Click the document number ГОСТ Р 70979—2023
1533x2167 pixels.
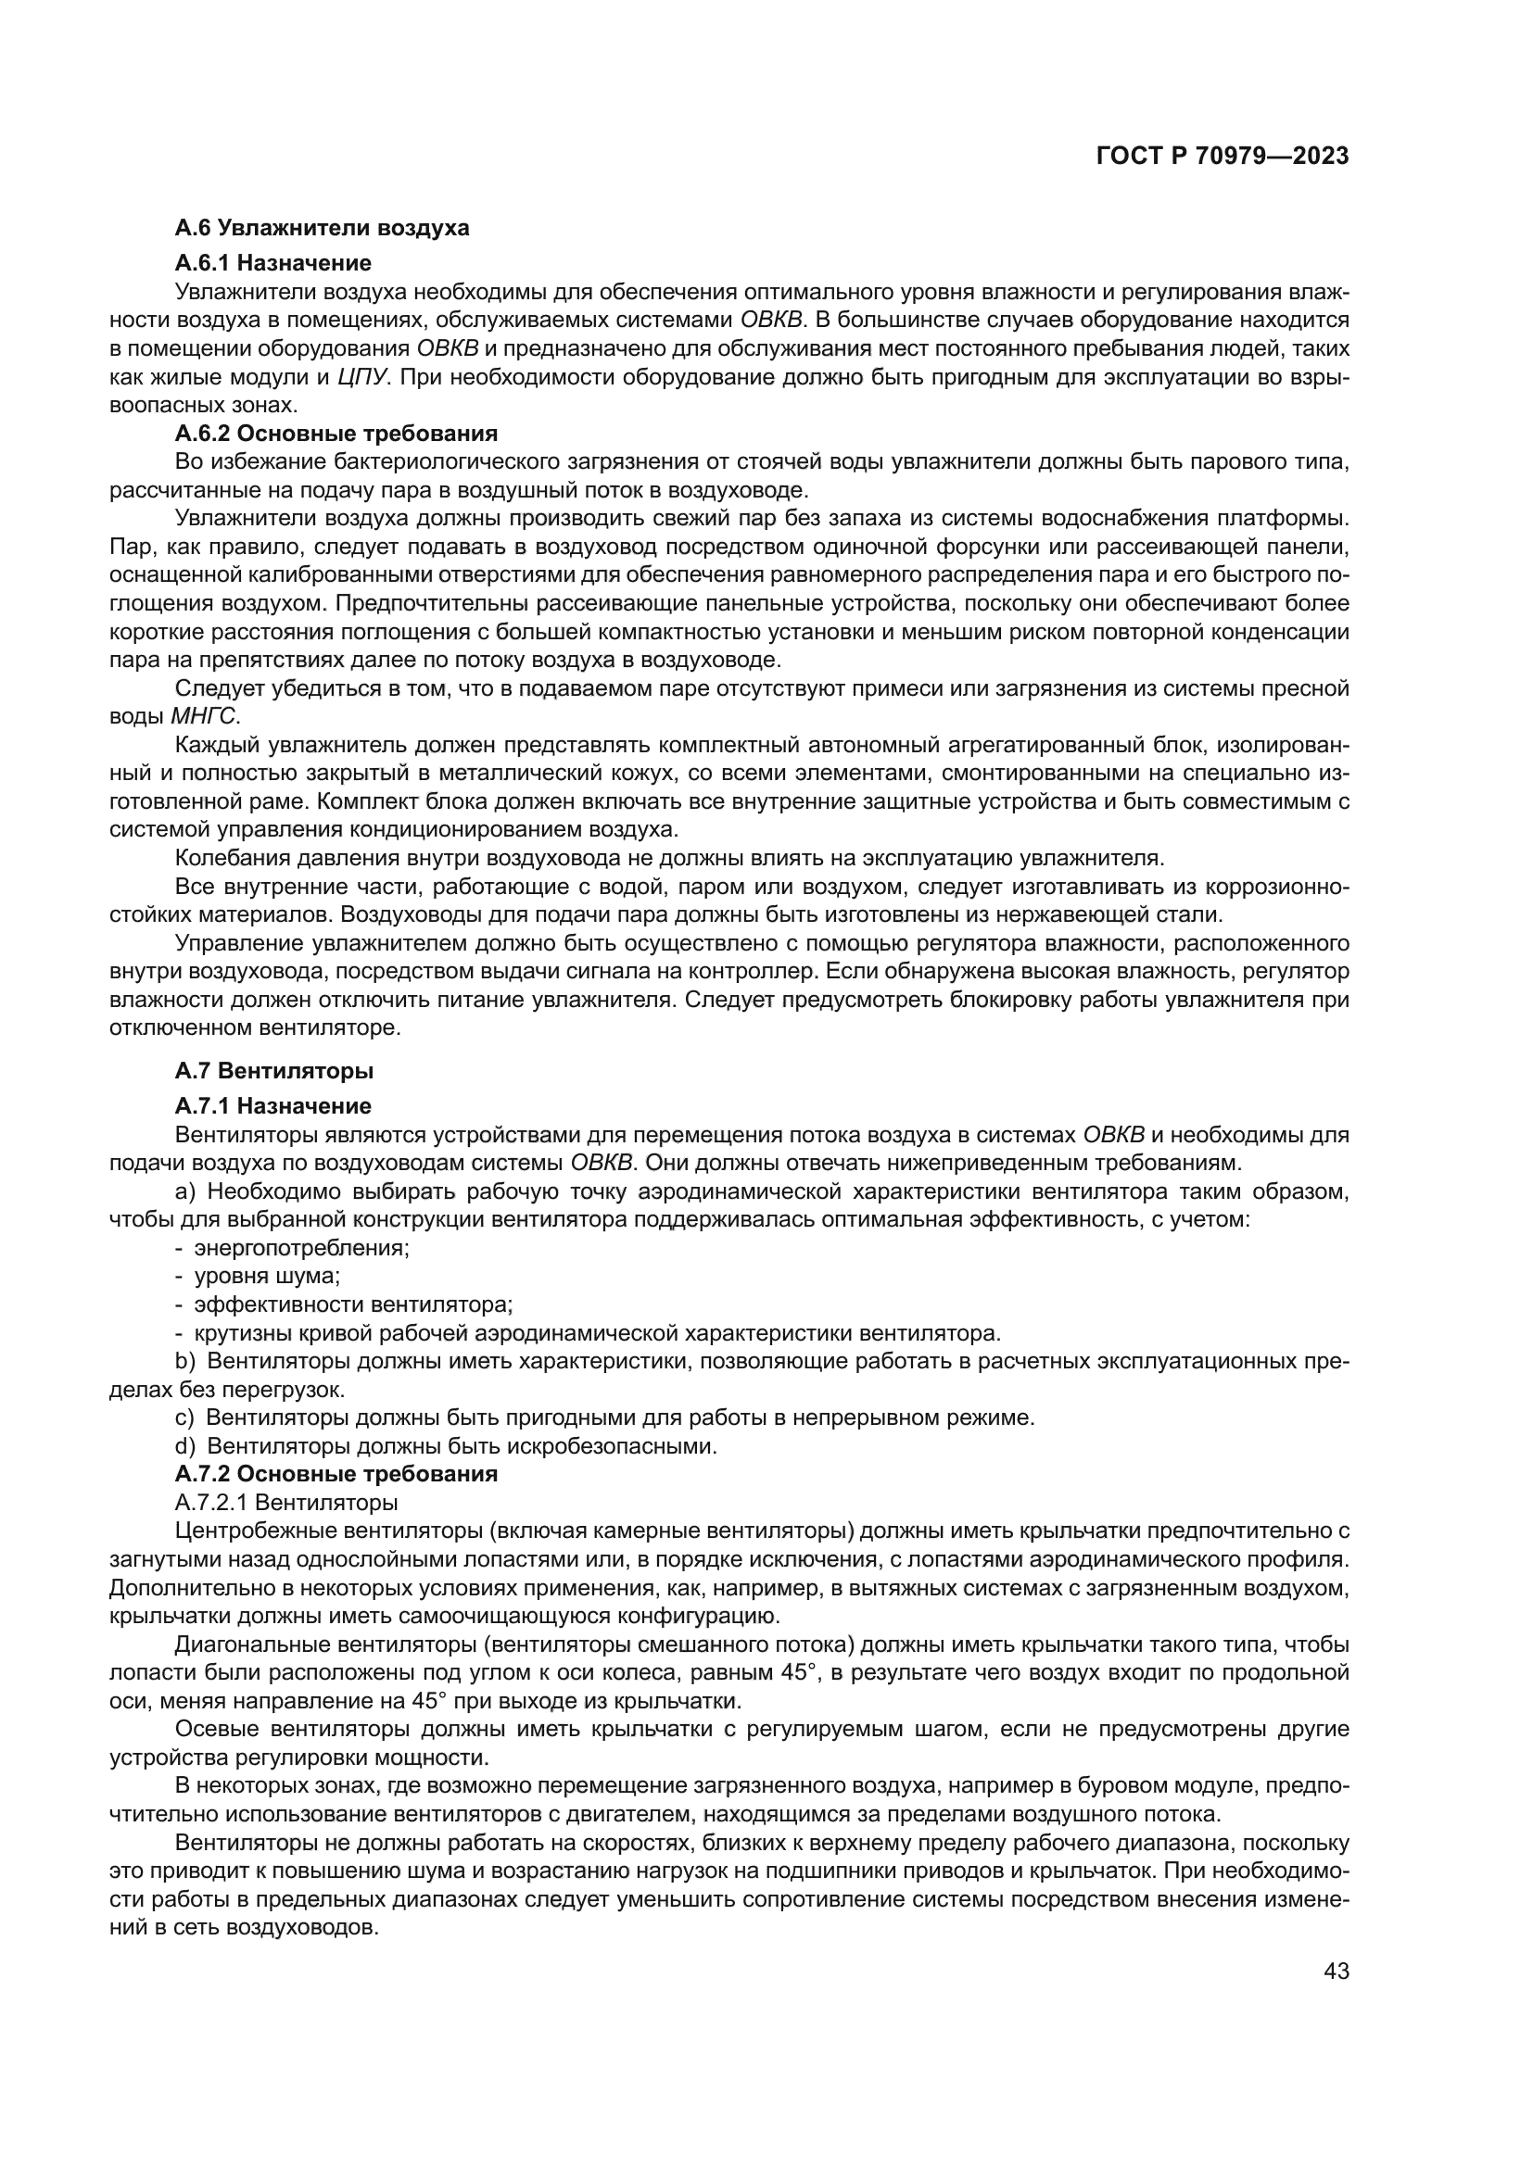(x=1222, y=157)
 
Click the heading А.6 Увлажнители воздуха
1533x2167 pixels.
(x=322, y=228)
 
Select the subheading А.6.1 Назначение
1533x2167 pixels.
(x=272, y=262)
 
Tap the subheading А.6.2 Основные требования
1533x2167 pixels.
(x=336, y=434)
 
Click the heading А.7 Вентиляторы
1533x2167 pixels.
(x=273, y=1070)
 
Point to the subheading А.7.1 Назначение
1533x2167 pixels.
(x=272, y=1105)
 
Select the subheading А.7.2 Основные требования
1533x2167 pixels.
(x=336, y=1473)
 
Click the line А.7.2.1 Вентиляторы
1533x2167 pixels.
(x=286, y=1502)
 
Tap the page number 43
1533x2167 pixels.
(x=1336, y=1971)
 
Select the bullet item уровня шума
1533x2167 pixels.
(x=266, y=1276)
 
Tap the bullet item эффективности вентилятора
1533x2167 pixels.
(x=353, y=1304)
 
